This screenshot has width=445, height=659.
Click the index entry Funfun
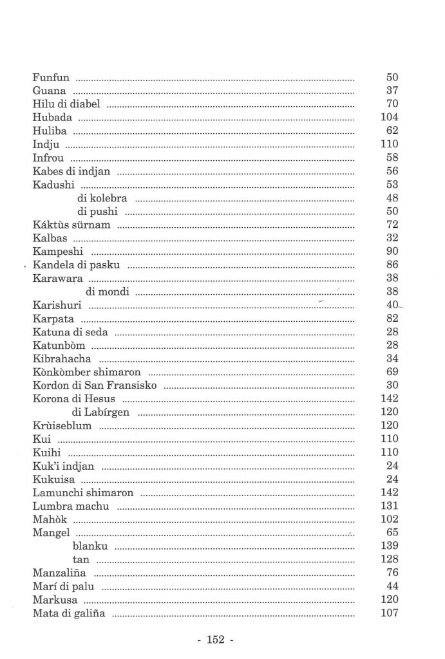tap(48, 77)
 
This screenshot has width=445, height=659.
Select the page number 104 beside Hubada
tap(390, 117)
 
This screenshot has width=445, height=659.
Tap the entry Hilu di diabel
tap(66, 104)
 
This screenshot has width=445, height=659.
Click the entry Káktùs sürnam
tap(71, 225)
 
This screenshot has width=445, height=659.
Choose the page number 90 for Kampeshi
tap(392, 252)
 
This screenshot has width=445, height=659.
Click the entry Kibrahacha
tap(62, 358)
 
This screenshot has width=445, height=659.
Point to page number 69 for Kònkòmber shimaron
tap(392, 373)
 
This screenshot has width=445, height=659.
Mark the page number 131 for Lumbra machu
tap(390, 506)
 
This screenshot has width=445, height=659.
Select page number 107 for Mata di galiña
tap(390, 614)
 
